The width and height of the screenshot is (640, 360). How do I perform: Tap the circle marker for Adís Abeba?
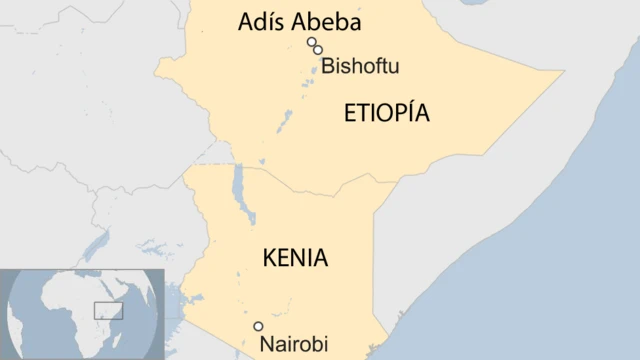[312, 42]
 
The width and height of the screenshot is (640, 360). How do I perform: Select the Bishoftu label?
[359, 67]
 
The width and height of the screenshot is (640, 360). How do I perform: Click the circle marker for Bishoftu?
[318, 50]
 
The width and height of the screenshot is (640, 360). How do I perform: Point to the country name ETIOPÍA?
[386, 113]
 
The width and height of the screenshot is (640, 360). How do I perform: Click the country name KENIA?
[295, 258]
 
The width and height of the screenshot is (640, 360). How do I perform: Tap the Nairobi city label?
[293, 344]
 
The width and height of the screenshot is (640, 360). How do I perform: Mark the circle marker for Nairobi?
[258, 326]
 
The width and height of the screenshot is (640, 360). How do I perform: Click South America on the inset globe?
[12, 320]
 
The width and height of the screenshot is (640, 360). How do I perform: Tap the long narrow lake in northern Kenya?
[238, 185]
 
